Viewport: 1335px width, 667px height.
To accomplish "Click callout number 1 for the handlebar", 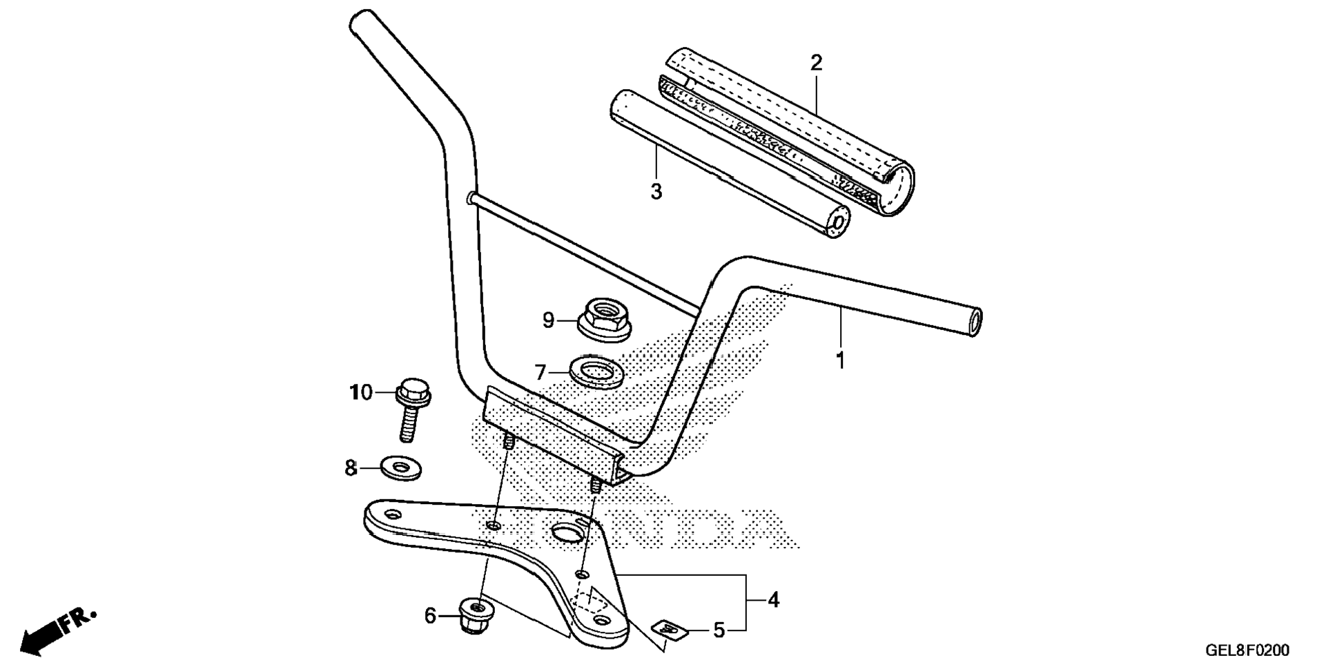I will tap(840, 360).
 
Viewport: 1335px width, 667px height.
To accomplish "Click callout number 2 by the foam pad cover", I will tap(816, 64).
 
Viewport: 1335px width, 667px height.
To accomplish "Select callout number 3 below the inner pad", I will tap(656, 191).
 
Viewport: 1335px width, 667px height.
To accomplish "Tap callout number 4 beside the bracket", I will tap(773, 600).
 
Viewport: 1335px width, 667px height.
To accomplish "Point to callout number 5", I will tap(719, 630).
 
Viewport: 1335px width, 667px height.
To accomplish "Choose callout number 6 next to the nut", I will tap(430, 615).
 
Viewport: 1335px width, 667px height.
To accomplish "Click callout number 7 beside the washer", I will tap(540, 374).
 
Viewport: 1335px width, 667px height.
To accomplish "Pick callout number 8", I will tap(351, 468).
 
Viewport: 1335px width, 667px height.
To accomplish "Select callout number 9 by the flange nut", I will tap(548, 320).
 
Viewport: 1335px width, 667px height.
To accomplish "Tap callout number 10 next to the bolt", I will tap(360, 393).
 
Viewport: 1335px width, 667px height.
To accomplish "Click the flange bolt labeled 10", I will tap(412, 407).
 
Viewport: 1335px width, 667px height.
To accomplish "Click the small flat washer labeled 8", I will tap(401, 468).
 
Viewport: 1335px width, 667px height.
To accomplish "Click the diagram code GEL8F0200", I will tap(1247, 650).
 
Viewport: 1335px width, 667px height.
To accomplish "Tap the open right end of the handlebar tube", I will tap(975, 322).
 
